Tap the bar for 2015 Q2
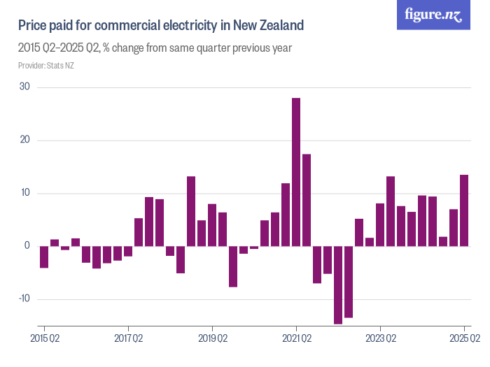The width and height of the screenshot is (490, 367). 44,257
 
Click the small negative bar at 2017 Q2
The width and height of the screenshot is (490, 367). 128,251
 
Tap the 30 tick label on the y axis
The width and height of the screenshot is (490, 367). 24,87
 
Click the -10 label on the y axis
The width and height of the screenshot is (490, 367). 23,298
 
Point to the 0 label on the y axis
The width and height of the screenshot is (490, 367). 27,246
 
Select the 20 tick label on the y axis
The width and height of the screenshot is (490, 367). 24,140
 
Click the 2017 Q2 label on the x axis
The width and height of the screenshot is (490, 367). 129,339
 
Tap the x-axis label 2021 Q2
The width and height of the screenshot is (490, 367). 297,339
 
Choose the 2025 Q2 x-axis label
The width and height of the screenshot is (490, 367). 464,339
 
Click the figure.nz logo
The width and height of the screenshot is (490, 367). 433,15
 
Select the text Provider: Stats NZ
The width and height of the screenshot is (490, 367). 45,66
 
